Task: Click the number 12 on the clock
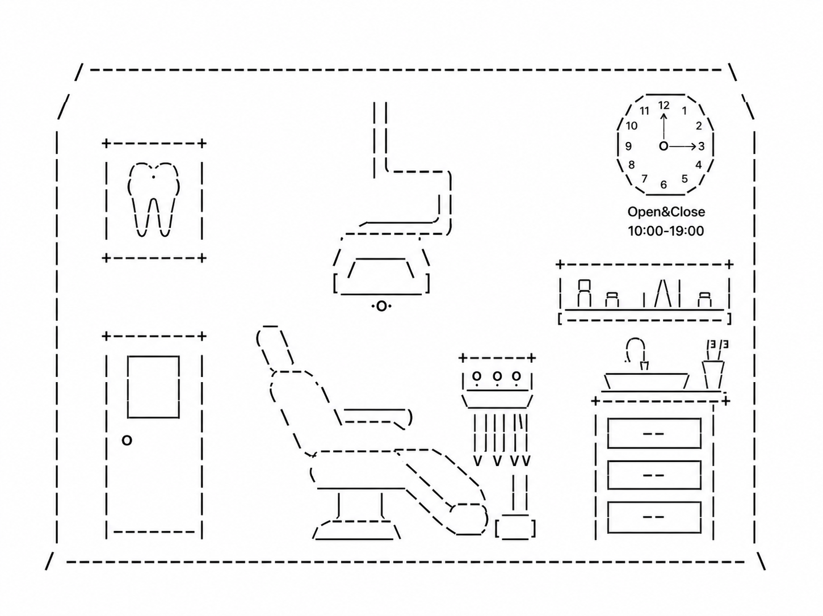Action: point(664,106)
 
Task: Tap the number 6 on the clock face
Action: point(664,185)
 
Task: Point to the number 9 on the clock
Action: point(628,146)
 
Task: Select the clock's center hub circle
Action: point(664,146)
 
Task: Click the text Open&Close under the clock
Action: point(666,212)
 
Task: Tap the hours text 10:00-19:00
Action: point(666,231)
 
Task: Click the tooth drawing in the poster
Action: point(153,199)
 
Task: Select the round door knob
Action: point(127,440)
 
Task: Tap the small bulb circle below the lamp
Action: point(381,307)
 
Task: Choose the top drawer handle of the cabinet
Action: point(653,434)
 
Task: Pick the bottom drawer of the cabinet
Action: point(654,517)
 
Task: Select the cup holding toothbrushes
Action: point(713,375)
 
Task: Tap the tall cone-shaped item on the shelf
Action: point(663,293)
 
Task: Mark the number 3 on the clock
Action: point(702,146)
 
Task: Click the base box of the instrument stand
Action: point(515,527)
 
